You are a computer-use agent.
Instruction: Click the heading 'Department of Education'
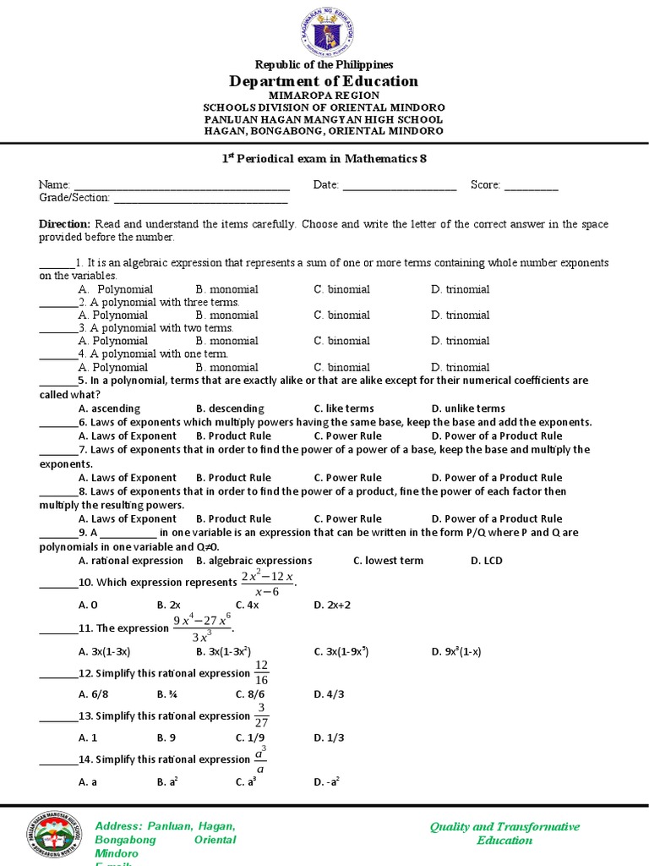324,81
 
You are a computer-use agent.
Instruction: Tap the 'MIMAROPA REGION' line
324,96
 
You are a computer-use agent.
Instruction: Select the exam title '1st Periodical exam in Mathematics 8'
324,159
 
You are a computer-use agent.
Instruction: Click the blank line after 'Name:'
182,185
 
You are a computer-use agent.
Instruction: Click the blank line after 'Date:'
399,185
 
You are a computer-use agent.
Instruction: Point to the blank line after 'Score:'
531,185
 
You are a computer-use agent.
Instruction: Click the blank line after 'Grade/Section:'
200,199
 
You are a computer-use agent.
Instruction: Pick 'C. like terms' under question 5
343,408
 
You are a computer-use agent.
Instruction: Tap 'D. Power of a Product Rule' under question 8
496,519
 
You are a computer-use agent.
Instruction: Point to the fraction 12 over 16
261,673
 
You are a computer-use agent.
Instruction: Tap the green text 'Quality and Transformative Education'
504,833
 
